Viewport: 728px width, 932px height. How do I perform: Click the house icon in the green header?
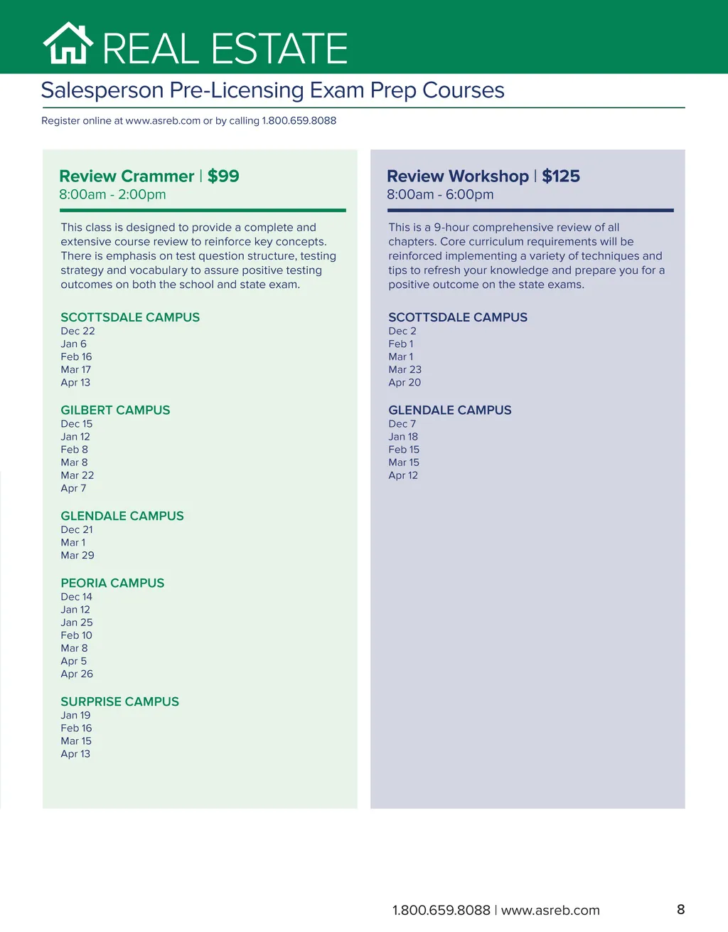point(68,43)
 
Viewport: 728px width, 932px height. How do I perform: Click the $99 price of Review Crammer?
point(223,176)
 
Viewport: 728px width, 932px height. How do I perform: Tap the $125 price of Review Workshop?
point(561,176)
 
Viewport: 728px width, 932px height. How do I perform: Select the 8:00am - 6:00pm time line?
point(440,194)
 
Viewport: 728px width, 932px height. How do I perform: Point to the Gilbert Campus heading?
point(115,410)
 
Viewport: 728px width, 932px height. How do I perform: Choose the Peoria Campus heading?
point(112,583)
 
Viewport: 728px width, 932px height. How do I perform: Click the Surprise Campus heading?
point(119,701)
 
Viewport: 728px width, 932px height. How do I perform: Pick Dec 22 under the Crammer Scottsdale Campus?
point(77,331)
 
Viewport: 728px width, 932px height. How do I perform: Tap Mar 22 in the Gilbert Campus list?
point(77,475)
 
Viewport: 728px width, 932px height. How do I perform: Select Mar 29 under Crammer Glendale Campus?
point(77,555)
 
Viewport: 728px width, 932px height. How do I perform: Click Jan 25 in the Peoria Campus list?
point(77,623)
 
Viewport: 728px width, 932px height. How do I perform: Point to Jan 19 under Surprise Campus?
point(75,715)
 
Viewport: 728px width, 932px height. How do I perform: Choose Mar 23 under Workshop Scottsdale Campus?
point(405,369)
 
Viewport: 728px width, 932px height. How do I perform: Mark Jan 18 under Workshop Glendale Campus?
point(403,437)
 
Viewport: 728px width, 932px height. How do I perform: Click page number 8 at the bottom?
point(680,909)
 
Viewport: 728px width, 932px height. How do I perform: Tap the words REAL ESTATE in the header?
point(225,48)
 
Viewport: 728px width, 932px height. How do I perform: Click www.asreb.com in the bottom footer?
point(550,910)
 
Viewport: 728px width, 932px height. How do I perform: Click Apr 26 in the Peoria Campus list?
point(77,674)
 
